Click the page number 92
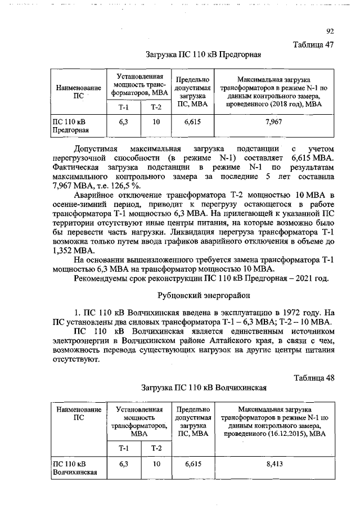point(330,31)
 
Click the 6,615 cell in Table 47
point(192,121)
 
